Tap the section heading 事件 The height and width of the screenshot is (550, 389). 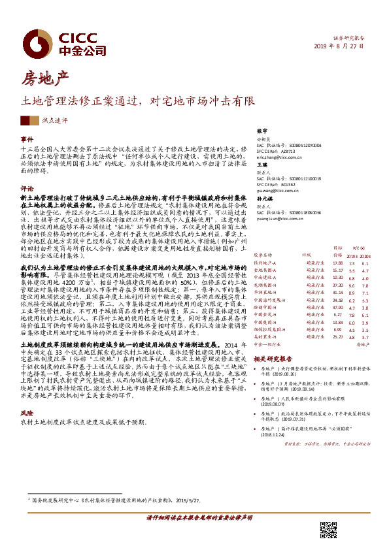27,139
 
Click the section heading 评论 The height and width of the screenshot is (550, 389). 27,187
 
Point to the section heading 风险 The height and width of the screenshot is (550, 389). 27,395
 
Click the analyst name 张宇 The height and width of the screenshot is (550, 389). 262,131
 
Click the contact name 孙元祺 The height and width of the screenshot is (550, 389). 264,198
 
